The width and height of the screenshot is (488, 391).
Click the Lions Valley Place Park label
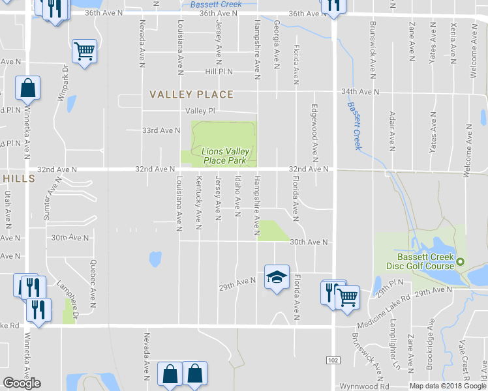point(225,155)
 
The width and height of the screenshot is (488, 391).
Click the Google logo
point(22,383)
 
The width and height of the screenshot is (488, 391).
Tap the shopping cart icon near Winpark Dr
point(85,51)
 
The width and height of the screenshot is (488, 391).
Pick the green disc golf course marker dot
point(461,262)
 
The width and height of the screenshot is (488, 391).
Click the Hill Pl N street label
point(219,72)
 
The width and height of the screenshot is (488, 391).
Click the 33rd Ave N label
point(161,130)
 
